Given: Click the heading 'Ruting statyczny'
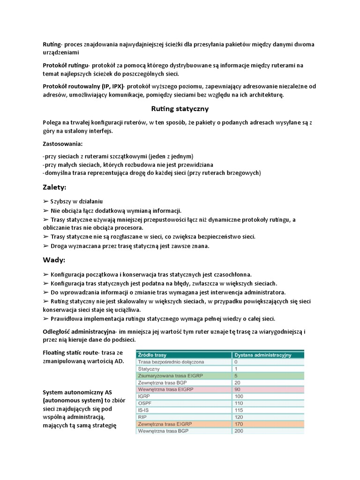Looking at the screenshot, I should (180, 109).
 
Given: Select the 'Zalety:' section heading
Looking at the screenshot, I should (55, 187).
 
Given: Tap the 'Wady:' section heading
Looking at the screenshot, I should (54, 260).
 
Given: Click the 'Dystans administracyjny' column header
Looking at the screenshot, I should (262, 355).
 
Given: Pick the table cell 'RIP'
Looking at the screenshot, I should (143, 416).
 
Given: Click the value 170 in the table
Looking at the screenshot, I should (239, 423).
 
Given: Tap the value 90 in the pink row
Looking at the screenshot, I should (238, 389).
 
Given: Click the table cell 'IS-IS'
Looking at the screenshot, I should (144, 409).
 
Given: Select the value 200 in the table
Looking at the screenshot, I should (239, 430).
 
